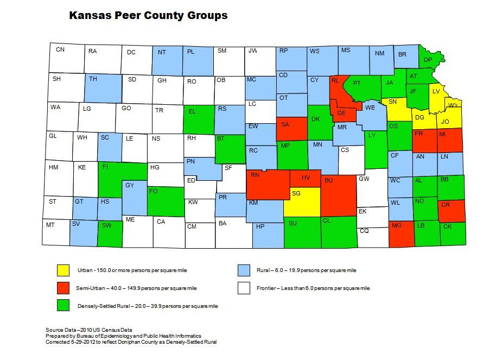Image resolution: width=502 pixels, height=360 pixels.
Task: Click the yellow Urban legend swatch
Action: click(63, 270)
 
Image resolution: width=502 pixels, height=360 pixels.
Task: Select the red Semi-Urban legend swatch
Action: click(63, 288)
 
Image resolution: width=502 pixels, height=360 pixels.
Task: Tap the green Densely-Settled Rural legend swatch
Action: click(63, 306)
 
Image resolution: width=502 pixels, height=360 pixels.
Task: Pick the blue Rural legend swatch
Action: click(244, 270)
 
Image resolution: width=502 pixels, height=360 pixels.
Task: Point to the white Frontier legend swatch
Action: click(244, 288)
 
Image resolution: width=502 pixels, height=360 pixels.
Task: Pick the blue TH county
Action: click(103, 87)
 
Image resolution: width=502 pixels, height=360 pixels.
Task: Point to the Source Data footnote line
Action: click(89, 330)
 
